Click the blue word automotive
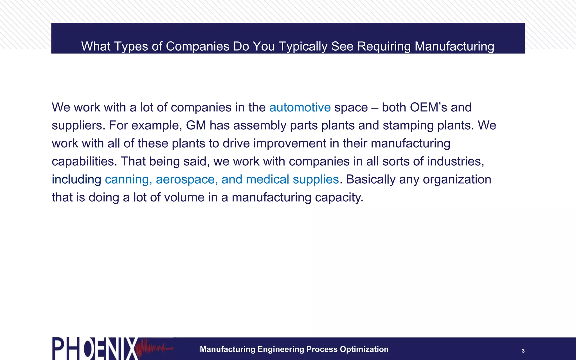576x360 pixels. coord(300,107)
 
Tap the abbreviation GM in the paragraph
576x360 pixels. coord(196,125)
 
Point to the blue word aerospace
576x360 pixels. coord(186,179)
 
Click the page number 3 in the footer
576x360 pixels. coord(523,351)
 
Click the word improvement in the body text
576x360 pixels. coord(290,143)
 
